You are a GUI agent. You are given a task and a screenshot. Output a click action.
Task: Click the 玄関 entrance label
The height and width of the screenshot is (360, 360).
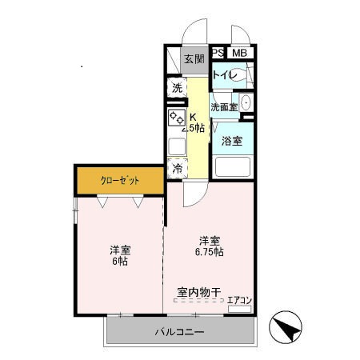point(194,58)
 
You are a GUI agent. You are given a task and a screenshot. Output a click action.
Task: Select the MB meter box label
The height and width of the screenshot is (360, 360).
point(239,53)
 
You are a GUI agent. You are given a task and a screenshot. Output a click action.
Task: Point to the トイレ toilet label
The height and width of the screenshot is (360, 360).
point(223,75)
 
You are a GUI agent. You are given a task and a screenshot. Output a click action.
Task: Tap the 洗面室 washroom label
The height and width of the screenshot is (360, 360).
point(223,107)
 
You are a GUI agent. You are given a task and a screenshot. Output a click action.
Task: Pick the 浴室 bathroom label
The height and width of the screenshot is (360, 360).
point(232,141)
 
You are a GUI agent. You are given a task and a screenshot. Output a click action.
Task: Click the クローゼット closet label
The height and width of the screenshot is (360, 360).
point(120,181)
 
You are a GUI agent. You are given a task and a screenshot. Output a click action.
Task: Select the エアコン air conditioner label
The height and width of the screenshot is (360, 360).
point(239,301)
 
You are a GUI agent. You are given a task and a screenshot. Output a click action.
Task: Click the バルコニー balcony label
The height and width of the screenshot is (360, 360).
point(179,331)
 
